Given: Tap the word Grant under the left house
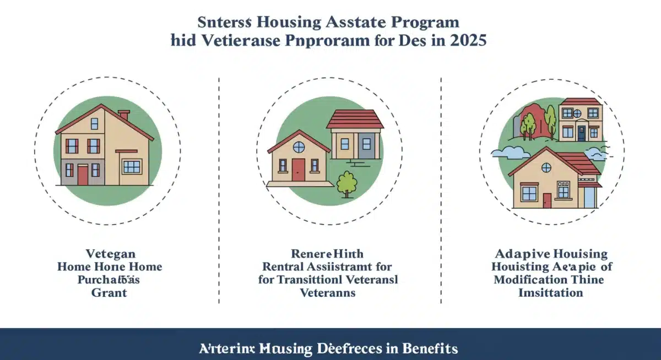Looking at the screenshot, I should (109, 293).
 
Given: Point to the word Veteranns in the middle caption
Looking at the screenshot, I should (327, 293).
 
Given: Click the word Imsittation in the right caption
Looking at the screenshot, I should (550, 293).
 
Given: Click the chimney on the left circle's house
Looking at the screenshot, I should (123, 115).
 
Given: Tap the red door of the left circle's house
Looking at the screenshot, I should (83, 176).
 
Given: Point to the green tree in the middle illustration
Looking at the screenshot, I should (347, 183).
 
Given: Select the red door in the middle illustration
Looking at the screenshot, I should (298, 170).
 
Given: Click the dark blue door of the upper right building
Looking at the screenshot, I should (581, 133).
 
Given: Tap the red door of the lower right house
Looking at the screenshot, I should (546, 200).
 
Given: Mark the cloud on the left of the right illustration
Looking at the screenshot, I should (508, 152).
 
